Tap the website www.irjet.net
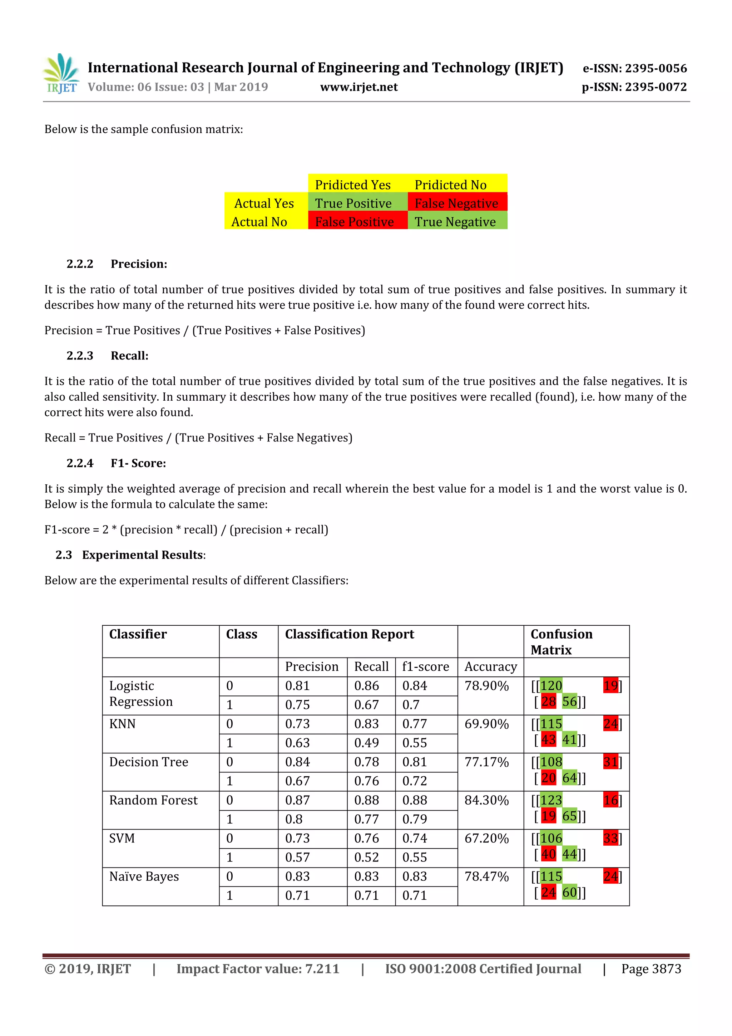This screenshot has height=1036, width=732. pyautogui.click(x=359, y=87)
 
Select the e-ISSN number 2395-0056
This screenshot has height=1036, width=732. pyautogui.click(x=635, y=69)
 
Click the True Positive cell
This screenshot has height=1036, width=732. pyautogui.click(x=353, y=204)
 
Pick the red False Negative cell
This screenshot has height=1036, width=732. pyautogui.click(x=456, y=204)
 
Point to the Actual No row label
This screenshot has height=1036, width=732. pyautogui.click(x=259, y=222)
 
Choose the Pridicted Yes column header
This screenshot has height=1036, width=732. pyautogui.click(x=353, y=185)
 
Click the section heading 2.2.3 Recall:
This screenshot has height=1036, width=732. pyautogui.click(x=107, y=356)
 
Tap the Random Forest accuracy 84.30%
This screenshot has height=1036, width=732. pyautogui.click(x=486, y=800)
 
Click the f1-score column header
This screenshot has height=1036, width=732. pyautogui.click(x=425, y=666)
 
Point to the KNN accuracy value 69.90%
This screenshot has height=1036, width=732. pyautogui.click(x=486, y=724)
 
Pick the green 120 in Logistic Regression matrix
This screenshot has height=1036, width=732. pyautogui.click(x=551, y=686)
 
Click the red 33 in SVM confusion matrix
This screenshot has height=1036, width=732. pyautogui.click(x=610, y=839)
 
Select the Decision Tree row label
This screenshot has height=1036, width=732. pyautogui.click(x=148, y=762)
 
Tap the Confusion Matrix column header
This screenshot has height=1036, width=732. pyautogui.click(x=561, y=642)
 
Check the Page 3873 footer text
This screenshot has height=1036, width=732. pyautogui.click(x=651, y=969)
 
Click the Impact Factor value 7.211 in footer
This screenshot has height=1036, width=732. pyautogui.click(x=257, y=969)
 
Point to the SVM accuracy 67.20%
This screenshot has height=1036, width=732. pyautogui.click(x=486, y=839)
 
